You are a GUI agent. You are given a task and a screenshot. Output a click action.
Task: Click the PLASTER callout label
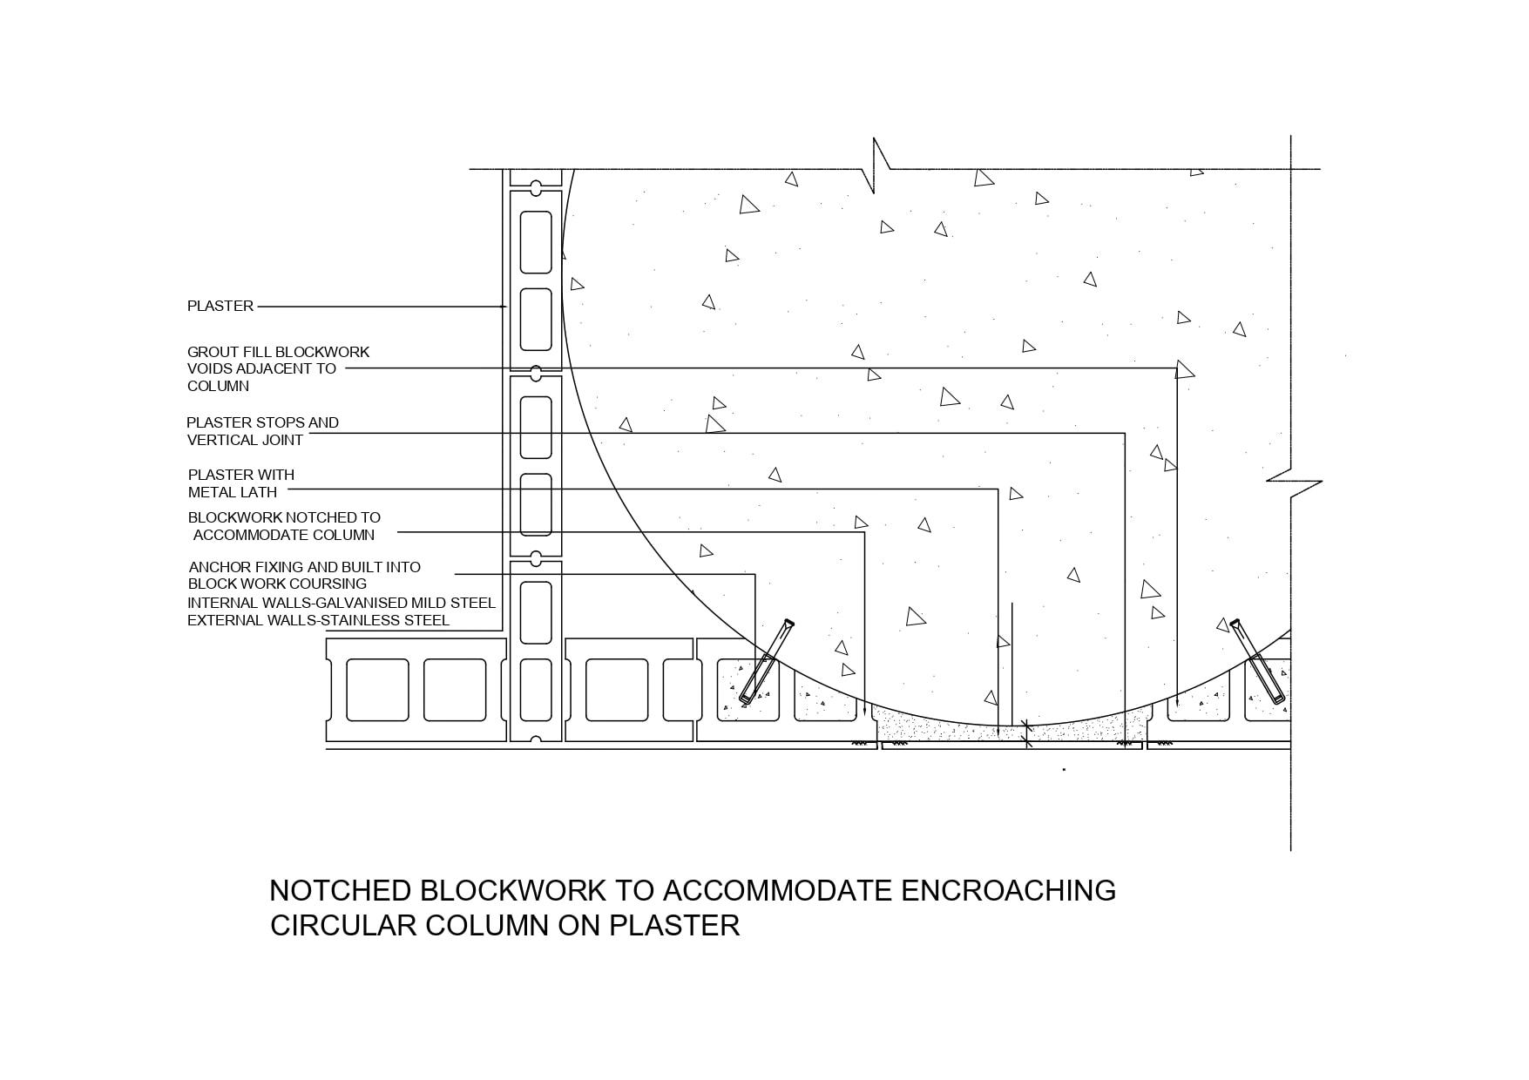(220, 306)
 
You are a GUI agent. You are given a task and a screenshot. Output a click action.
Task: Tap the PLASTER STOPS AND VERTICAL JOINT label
(262, 431)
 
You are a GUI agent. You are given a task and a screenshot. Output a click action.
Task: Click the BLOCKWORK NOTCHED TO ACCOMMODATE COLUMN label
(284, 526)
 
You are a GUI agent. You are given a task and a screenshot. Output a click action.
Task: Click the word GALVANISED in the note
(360, 603)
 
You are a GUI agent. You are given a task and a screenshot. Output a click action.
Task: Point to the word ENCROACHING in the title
(1008, 890)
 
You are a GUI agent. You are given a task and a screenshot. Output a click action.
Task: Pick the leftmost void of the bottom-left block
(377, 690)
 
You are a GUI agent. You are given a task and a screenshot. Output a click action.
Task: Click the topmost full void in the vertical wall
(536, 241)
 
